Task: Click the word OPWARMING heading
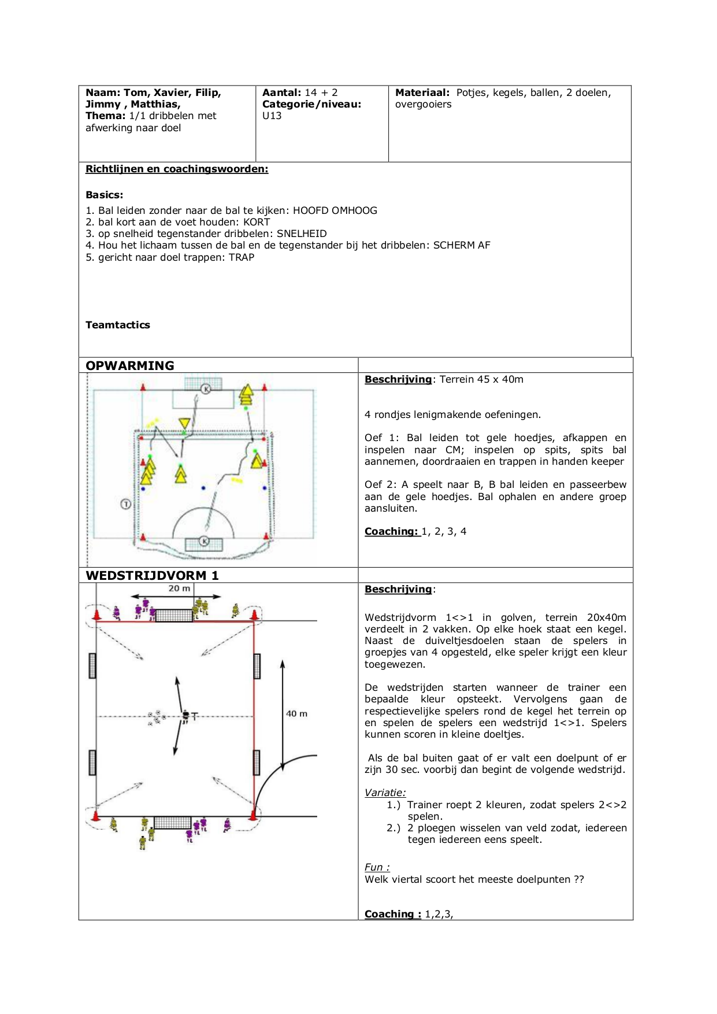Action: [x=130, y=365]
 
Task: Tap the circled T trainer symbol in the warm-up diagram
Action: [x=125, y=504]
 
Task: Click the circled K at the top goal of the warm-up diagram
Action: [x=206, y=389]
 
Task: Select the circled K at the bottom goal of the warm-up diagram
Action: [x=204, y=541]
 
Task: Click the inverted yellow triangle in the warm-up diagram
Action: [x=184, y=423]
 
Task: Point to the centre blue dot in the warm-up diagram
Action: [x=203, y=489]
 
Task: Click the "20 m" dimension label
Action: [x=179, y=589]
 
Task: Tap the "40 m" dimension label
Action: [x=297, y=714]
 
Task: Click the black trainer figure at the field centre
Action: [x=185, y=716]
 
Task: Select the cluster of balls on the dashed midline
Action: [x=157, y=717]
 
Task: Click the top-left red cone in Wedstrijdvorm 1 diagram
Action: [x=96, y=616]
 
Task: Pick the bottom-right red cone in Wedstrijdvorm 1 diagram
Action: [x=252, y=815]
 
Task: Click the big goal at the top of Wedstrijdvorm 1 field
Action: [x=174, y=615]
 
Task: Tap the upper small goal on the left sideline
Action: [x=92, y=665]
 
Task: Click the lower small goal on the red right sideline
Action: [x=257, y=763]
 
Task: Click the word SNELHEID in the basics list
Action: [x=302, y=234]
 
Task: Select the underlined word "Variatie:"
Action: [x=385, y=793]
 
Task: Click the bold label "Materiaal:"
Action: [x=422, y=92]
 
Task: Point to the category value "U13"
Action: [x=272, y=116]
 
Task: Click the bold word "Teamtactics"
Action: [x=118, y=325]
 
